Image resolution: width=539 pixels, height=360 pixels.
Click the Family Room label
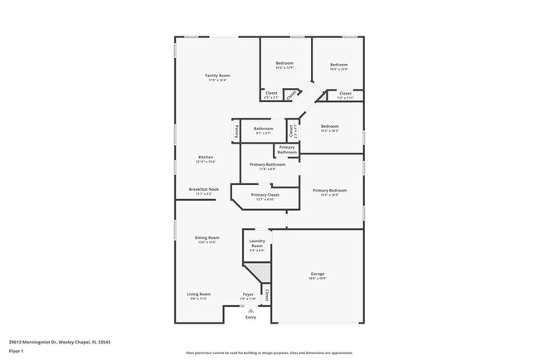coord(217,75)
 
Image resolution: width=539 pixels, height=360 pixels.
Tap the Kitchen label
coord(206,158)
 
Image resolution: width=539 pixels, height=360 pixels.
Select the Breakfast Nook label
coord(203,189)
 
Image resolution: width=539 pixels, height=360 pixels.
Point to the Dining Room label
coord(206,237)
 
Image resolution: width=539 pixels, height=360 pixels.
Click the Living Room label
coord(198,294)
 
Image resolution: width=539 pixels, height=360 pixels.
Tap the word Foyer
coord(247,294)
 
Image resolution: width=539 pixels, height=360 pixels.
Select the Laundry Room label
coord(257,244)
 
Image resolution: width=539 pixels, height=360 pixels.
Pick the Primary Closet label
coord(265,195)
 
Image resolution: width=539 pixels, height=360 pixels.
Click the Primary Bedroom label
coord(329,190)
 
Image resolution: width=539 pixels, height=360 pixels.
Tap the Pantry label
coord(236,130)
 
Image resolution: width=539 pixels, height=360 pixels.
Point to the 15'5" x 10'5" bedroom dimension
coord(329,131)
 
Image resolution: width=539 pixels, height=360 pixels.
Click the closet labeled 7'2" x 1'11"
coord(345,97)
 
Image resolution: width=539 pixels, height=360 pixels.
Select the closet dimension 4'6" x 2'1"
coord(271,97)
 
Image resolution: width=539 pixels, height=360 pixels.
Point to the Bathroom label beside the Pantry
coord(264,129)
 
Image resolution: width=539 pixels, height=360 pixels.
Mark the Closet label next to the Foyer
coord(267,294)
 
